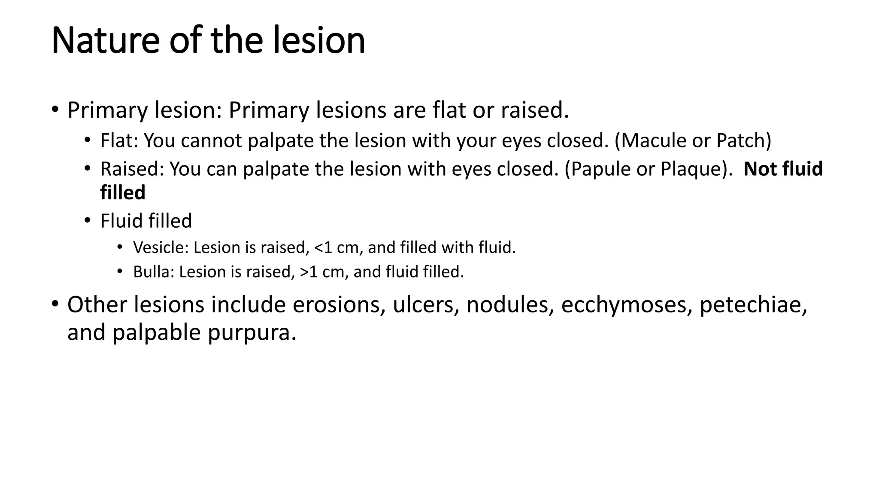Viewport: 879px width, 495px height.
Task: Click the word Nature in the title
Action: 105,40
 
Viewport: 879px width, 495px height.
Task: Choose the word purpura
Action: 252,333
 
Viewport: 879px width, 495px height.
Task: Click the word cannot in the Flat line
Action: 211,141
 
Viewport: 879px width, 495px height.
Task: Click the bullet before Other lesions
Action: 55,304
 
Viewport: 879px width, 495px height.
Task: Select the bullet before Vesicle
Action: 120,247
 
